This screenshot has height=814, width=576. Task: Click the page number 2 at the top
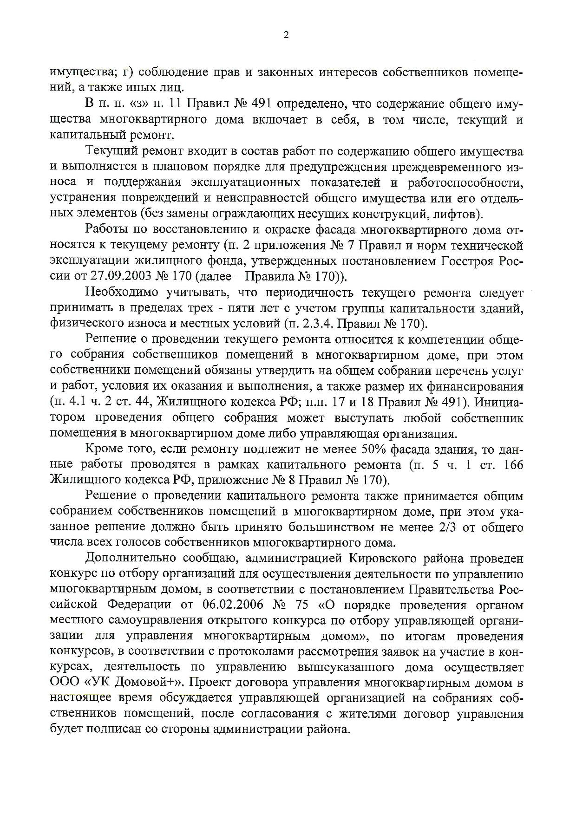click(x=286, y=35)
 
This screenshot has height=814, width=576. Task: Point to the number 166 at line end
click(x=513, y=465)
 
